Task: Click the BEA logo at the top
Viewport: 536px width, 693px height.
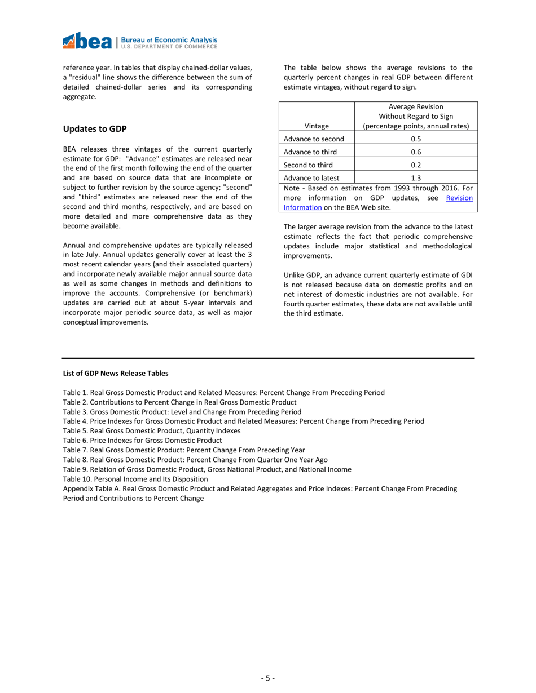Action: coord(139,41)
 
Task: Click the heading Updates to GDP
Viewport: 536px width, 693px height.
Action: coord(95,129)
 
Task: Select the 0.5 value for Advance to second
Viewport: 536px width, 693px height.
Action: coord(416,139)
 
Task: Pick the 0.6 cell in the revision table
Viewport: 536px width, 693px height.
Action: coord(416,152)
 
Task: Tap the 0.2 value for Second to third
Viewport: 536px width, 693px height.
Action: coord(416,165)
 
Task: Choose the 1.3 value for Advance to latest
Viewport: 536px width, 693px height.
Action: coord(416,178)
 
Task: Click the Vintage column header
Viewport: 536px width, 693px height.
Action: coord(317,126)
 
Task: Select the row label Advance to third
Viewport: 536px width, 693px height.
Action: coord(310,152)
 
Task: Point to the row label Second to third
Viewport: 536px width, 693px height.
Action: coord(308,165)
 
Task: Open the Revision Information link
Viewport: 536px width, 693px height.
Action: coord(459,198)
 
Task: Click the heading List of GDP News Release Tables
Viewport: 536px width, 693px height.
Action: coord(115,374)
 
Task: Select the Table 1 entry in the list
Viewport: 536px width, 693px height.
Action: coord(223,393)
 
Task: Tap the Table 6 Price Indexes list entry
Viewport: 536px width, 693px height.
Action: coord(142,441)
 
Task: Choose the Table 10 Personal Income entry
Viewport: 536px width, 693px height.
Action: coord(135,479)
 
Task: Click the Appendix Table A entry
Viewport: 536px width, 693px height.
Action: coord(260,488)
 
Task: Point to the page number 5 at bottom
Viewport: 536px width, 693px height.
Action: coord(268,678)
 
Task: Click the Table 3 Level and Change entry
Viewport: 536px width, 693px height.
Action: coord(182,412)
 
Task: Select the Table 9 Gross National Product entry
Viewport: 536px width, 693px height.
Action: coord(207,469)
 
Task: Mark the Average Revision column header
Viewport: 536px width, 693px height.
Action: coord(416,117)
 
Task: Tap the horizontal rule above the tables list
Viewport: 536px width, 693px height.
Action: coord(268,358)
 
